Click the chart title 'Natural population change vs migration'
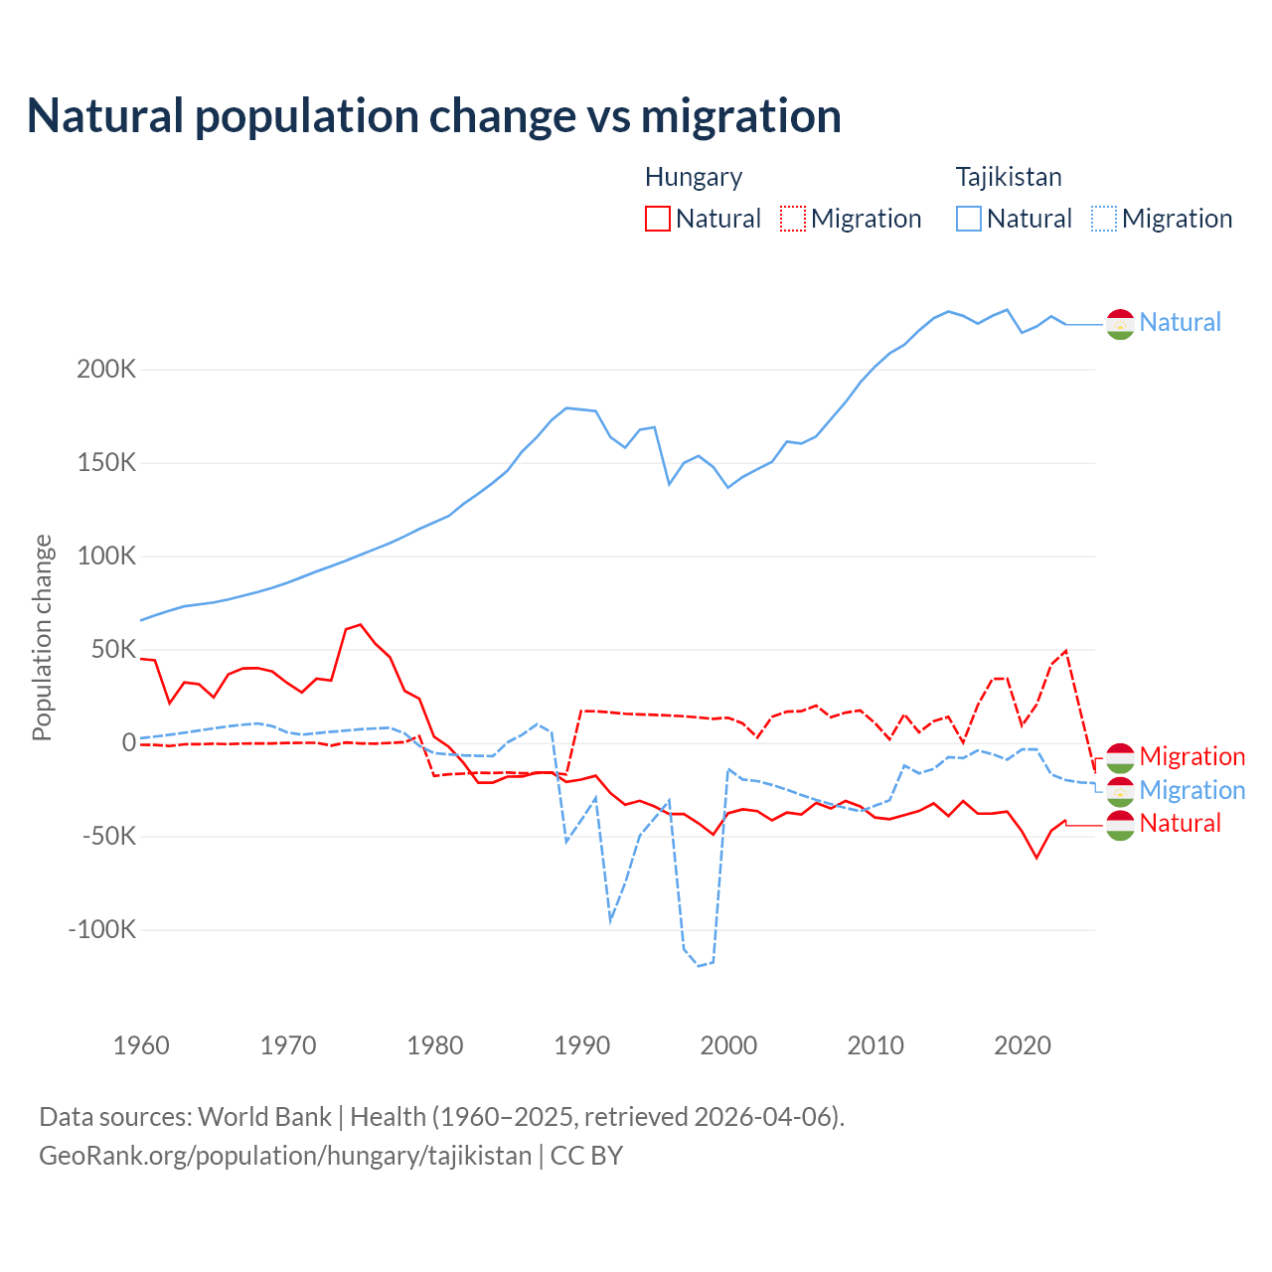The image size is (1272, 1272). click(433, 116)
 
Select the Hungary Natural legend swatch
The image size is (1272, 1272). click(657, 219)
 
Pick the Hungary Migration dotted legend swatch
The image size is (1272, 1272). click(793, 219)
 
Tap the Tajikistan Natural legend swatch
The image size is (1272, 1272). click(969, 219)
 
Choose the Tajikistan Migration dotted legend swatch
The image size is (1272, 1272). click(1104, 219)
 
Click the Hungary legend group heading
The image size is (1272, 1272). click(693, 177)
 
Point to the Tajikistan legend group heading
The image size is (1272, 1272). click(1008, 177)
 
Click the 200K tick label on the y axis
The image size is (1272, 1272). click(106, 370)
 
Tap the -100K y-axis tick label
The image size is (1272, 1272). click(101, 930)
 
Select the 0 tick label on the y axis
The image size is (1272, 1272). click(128, 743)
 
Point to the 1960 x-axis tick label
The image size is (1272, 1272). click(141, 1045)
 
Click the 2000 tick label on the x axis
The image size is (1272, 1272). click(728, 1045)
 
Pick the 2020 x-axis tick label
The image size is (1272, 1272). click(1022, 1045)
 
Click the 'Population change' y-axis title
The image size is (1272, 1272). click(42, 637)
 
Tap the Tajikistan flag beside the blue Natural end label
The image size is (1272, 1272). click(1120, 324)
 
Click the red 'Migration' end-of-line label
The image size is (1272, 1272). click(1192, 756)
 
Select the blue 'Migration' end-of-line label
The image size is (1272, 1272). click(1192, 790)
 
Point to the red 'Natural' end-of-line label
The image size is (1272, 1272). click(1180, 823)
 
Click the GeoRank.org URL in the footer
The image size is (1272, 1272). click(285, 1156)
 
